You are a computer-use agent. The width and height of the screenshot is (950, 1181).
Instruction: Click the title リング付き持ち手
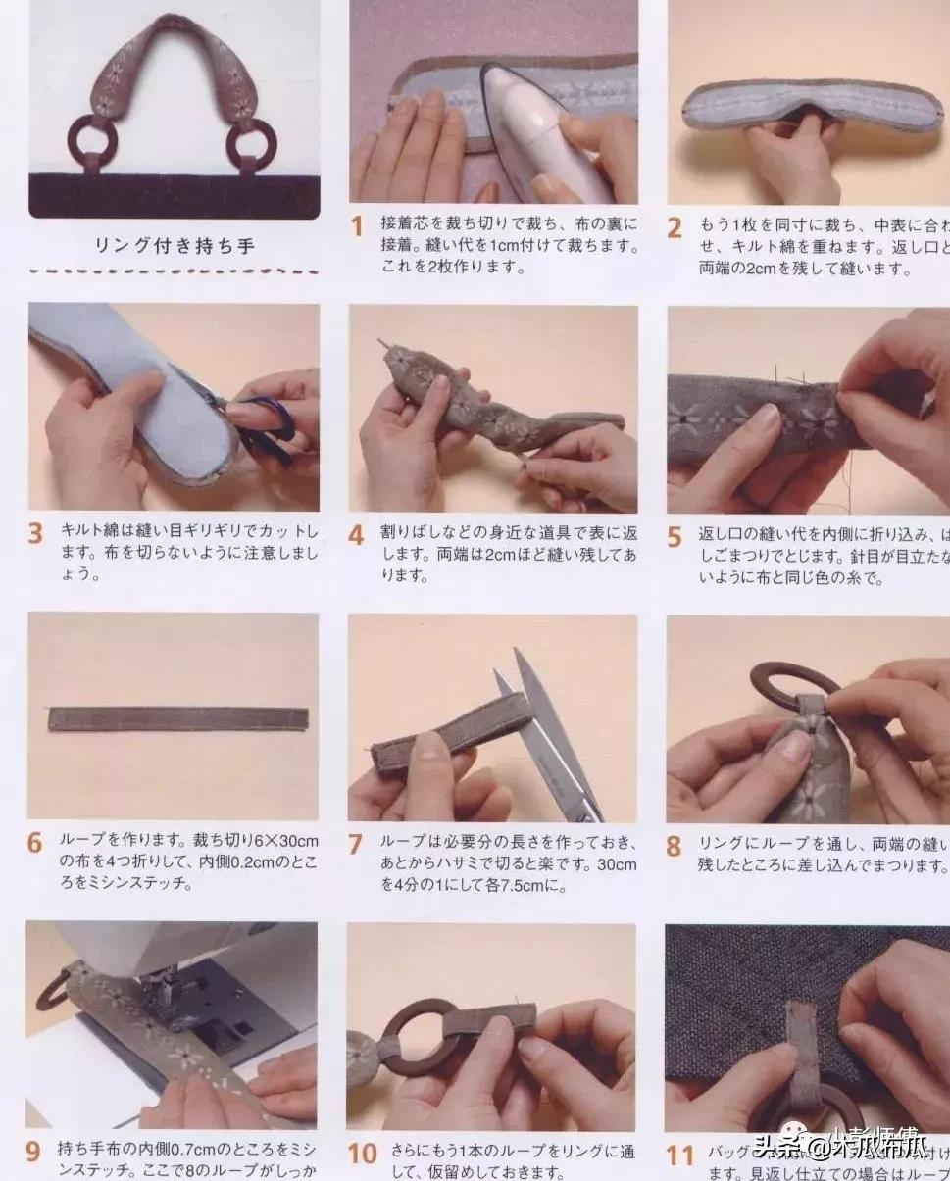coord(174,246)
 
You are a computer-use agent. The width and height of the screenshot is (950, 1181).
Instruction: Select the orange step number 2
coord(675,228)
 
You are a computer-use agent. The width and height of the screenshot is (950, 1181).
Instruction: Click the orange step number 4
coord(357,536)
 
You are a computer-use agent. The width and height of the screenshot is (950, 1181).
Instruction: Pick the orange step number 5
coord(675,537)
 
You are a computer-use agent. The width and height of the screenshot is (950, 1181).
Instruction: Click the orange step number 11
coord(680,1156)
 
